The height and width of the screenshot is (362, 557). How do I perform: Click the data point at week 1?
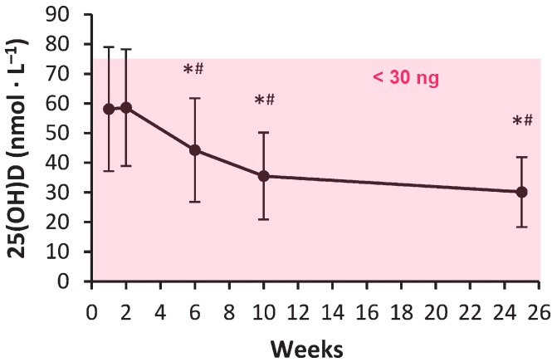pyautogui.click(x=109, y=109)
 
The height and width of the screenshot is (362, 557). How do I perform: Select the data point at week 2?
pyautogui.click(x=126, y=107)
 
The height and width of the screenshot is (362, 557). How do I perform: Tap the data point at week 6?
pyautogui.click(x=195, y=150)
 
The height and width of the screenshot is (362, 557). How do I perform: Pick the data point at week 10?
pyautogui.click(x=264, y=176)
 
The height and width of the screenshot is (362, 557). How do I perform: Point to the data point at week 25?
pyautogui.click(x=522, y=192)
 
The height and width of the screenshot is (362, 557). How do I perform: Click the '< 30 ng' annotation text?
pyautogui.click(x=404, y=80)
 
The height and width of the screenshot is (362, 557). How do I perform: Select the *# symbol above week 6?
pyautogui.click(x=194, y=69)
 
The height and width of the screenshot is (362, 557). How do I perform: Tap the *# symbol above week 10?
pyautogui.click(x=264, y=100)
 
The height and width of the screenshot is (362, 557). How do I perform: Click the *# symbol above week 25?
pyautogui.click(x=522, y=121)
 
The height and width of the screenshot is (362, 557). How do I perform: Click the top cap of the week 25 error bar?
pyautogui.click(x=522, y=157)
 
